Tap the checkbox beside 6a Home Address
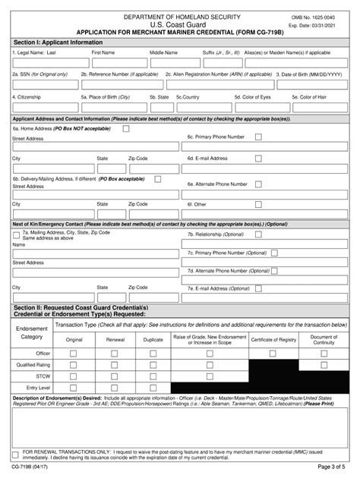[x=125, y=129]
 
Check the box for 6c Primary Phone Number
[x=258, y=137]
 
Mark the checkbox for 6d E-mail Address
[x=258, y=158]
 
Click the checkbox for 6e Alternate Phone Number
[x=258, y=184]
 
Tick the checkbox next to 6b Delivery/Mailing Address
[x=157, y=178]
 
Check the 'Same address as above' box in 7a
[x=17, y=235]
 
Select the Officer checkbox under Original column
[x=74, y=354]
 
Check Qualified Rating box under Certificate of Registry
[x=272, y=364]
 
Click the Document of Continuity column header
[x=324, y=340]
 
